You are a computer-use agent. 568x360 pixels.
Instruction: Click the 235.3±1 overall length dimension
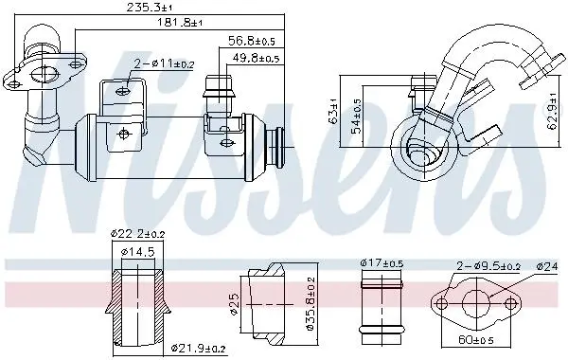150,8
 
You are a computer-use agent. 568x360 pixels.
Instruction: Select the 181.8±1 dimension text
179,23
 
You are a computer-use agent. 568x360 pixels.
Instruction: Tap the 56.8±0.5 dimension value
252,41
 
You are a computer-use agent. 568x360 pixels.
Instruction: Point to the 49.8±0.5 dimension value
256,58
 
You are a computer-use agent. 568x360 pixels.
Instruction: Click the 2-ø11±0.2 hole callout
164,63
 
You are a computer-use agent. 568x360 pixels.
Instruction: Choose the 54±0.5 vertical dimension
356,116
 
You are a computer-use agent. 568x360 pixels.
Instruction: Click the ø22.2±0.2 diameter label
137,234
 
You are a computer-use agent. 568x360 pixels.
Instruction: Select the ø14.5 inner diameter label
138,251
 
